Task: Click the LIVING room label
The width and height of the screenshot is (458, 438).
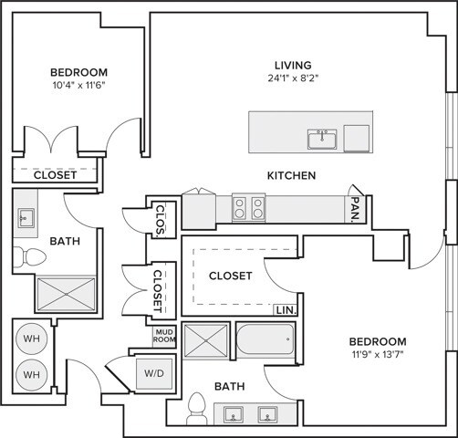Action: point(294,65)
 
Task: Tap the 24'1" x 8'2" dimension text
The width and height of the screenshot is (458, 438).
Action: point(294,78)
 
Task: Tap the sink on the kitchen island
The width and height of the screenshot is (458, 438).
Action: point(322,139)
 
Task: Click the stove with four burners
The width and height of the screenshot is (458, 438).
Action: point(248,209)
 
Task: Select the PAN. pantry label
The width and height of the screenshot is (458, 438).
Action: point(354,212)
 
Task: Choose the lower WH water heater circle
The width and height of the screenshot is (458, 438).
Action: point(31,374)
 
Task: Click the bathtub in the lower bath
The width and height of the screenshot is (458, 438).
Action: point(265,343)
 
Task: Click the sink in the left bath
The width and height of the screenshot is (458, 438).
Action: point(26,217)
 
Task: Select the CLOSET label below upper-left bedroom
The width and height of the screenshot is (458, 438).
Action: point(43,174)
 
